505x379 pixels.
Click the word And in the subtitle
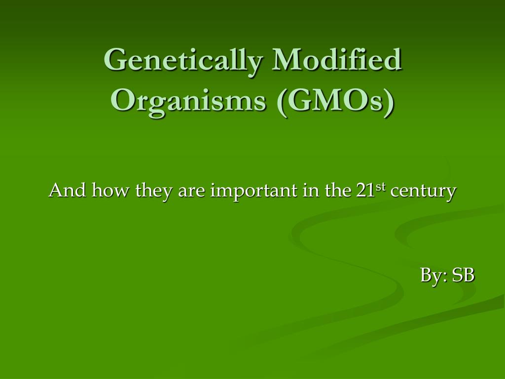click(62, 190)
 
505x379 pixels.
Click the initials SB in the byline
click(464, 275)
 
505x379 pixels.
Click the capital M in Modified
click(289, 60)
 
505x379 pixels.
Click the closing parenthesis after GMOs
click(390, 101)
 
